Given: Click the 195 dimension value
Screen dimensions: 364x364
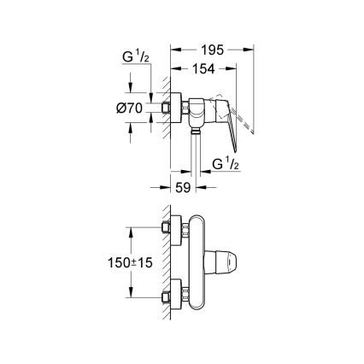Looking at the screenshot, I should click(214, 50).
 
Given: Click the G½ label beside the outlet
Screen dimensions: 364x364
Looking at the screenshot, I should click(225, 162).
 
